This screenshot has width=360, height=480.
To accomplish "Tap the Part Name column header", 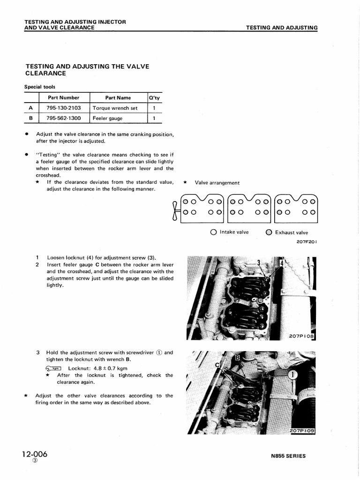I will point(118,97).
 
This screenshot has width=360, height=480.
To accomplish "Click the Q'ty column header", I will point(154,97).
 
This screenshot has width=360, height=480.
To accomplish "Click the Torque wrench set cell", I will point(115,108).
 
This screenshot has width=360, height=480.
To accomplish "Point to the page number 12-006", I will point(34,454).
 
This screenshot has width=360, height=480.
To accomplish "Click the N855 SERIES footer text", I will point(288,456).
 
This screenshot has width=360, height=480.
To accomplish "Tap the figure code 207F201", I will point(307,242).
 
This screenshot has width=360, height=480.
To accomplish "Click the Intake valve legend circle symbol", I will point(214,232).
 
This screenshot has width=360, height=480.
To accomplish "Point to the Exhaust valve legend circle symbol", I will point(269,232).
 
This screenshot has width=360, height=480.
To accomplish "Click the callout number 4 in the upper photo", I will point(281,264).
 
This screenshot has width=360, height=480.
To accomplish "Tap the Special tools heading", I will point(40,87).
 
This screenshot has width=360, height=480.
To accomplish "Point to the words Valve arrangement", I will point(217,183).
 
